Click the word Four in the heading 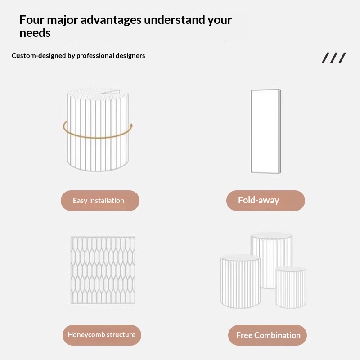(31, 20)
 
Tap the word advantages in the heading (111, 20)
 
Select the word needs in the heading (35, 33)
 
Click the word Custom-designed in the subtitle (39, 56)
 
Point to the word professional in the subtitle (95, 56)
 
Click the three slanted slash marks (333, 58)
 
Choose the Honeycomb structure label (102, 335)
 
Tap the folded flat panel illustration (266, 131)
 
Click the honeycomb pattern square (103, 270)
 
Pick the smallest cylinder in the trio (291, 288)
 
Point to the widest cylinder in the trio (240, 282)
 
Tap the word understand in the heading (175, 20)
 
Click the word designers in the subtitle (130, 56)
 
